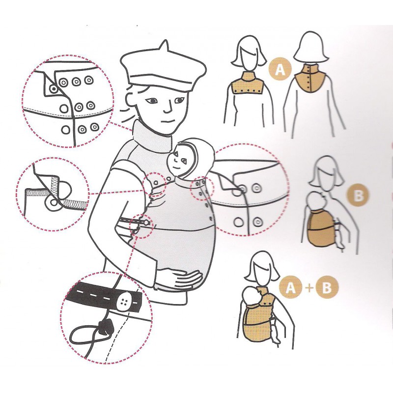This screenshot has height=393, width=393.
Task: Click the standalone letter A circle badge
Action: click(280, 68)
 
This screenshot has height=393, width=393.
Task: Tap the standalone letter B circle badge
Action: click(358, 195)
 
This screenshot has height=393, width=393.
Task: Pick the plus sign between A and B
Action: click(309, 287)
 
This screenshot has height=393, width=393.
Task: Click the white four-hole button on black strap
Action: click(125, 301)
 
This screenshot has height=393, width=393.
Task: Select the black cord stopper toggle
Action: click(104, 327)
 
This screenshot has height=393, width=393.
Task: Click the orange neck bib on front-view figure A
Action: click(248, 83)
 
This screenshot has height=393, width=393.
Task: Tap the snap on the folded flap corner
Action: click(53, 88)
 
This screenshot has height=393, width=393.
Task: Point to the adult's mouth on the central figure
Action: click(167, 121)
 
